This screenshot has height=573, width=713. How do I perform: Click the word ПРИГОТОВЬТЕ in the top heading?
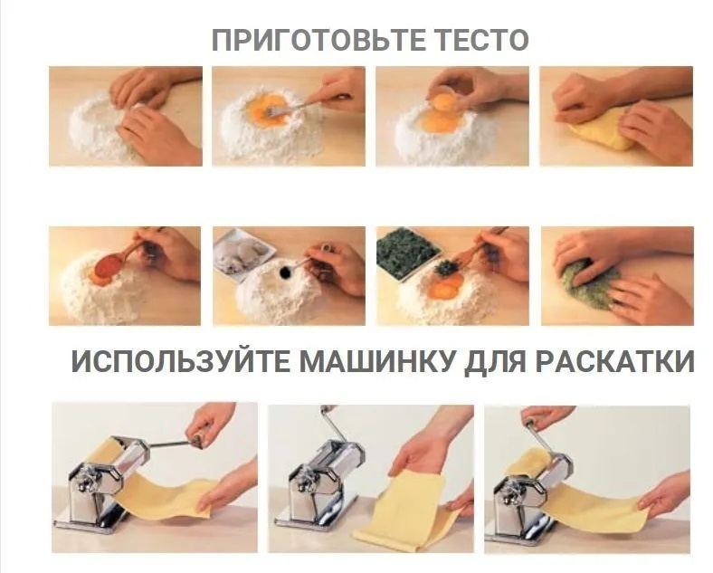coord(318,40)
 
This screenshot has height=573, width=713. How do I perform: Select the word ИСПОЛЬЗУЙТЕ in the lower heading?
coord(180,362)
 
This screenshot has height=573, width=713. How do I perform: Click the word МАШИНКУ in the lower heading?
coord(377,362)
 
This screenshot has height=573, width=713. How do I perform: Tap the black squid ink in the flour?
coord(286,272)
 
